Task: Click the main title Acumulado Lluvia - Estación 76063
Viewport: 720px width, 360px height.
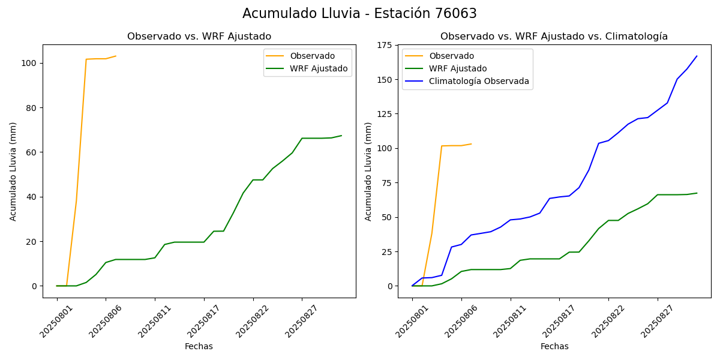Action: point(359,14)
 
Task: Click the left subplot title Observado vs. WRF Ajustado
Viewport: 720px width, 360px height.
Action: point(199,37)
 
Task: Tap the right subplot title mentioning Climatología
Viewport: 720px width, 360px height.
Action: point(554,37)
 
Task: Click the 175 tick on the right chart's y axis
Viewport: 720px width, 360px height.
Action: point(384,46)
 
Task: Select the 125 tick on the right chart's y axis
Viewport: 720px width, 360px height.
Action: point(384,114)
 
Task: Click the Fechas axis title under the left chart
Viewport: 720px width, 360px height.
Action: point(199,346)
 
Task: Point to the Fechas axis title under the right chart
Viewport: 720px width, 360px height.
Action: point(554,346)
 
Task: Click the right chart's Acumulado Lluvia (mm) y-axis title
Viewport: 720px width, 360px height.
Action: point(368,171)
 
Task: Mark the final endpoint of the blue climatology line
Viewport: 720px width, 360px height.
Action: point(697,56)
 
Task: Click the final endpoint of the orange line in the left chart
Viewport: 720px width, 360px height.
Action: point(116,56)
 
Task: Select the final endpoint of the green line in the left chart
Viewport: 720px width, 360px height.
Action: point(341,136)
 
